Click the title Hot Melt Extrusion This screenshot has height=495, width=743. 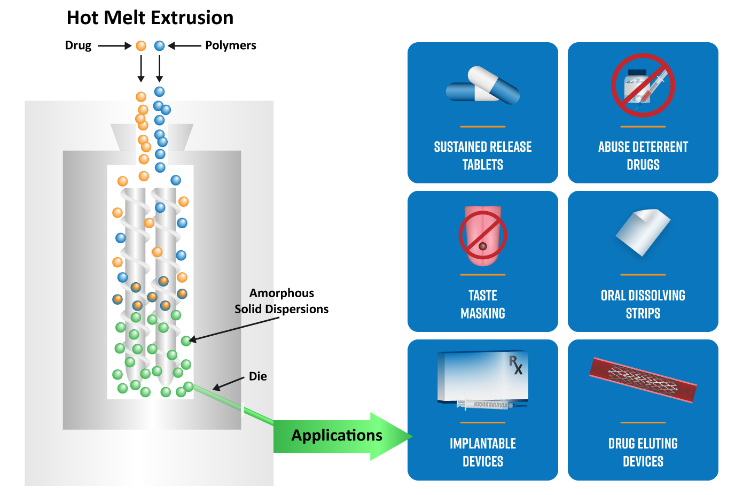click(x=150, y=18)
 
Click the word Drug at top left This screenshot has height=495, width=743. click(x=78, y=45)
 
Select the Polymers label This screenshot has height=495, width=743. click(x=230, y=45)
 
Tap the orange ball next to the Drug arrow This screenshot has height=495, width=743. click(x=141, y=46)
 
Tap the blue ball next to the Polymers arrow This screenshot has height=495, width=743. click(x=159, y=46)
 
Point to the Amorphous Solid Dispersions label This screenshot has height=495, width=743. click(x=281, y=301)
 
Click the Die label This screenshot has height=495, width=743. click(x=257, y=376)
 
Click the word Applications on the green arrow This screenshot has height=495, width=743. click(x=337, y=435)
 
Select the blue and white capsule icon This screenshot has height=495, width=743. click(x=483, y=86)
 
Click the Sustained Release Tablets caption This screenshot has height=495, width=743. click(x=483, y=156)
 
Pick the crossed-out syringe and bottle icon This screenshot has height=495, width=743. click(x=643, y=86)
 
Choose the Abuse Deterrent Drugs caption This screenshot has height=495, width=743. click(x=643, y=156)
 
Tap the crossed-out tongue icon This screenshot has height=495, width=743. click(x=483, y=236)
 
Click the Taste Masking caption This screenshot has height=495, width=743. click(x=483, y=304)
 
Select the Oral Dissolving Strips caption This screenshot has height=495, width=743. click(x=643, y=304)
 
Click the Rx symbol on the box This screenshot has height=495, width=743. click(x=515, y=365)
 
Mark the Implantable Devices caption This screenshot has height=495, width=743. click(x=483, y=452)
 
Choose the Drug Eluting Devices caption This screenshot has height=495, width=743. click(x=643, y=452)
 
